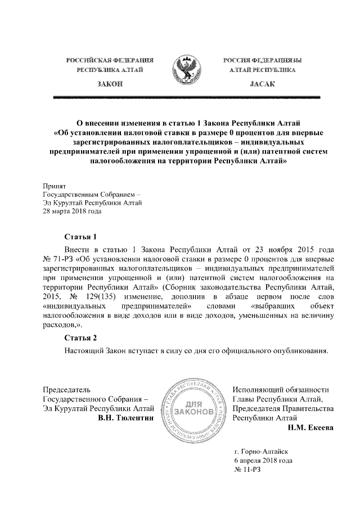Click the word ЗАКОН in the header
(110, 84)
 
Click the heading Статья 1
(81, 236)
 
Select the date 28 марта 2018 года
(72, 211)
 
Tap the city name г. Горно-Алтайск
(263, 451)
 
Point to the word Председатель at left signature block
(66, 389)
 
